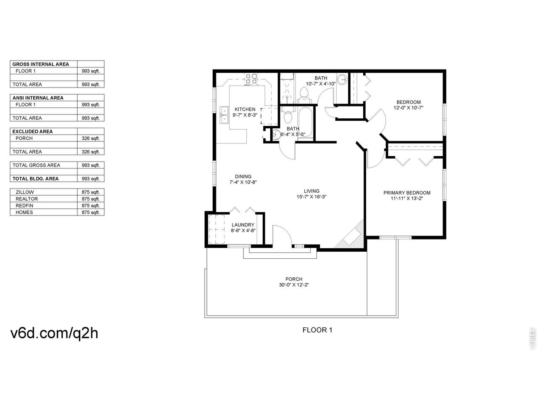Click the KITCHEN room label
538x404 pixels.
245,109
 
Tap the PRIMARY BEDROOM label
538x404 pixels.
407,193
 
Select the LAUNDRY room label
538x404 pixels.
243,225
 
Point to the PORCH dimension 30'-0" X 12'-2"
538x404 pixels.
294,285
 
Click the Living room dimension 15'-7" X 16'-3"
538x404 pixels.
311,197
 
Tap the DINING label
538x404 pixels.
243,177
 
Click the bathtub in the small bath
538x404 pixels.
306,123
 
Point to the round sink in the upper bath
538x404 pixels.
342,79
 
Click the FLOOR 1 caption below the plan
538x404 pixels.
317,330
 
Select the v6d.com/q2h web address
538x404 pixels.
54,333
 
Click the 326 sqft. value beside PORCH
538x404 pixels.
91,138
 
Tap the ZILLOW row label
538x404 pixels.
25,192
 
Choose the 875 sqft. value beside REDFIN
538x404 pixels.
91,206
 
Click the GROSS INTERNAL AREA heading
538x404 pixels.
41,64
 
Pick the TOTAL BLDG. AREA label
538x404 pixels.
36,179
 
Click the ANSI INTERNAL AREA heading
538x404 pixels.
38,98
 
